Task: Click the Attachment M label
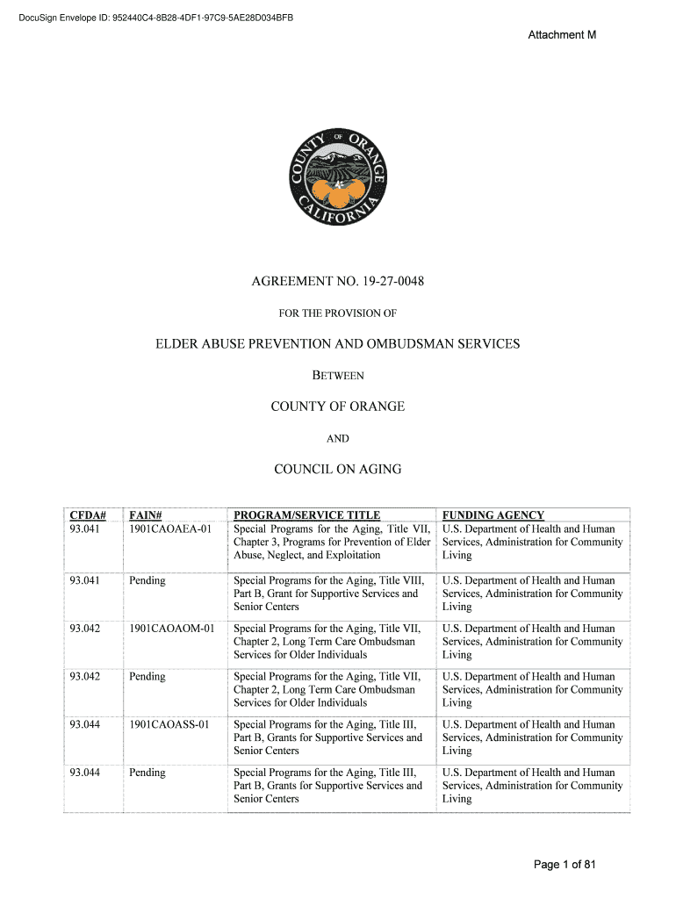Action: click(x=562, y=35)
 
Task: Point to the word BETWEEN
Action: click(x=338, y=376)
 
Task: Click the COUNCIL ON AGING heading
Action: click(x=338, y=470)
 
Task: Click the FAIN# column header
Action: click(x=147, y=515)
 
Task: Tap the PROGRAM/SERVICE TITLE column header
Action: click(x=306, y=515)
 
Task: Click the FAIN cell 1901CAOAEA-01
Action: click(x=170, y=529)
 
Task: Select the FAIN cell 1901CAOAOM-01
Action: click(x=171, y=629)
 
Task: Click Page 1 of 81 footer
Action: click(x=565, y=865)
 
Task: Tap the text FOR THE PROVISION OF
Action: click(x=338, y=313)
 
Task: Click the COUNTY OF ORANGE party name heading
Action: click(x=338, y=406)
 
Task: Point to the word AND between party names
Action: click(x=338, y=438)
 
